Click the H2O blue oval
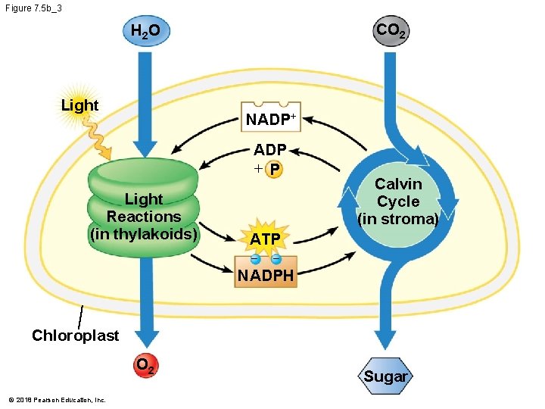point(146,32)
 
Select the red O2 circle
point(146,367)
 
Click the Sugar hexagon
point(385,376)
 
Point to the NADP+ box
point(269,118)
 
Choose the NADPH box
point(266,274)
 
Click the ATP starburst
point(265,239)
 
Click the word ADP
point(269,150)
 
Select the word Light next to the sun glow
point(79,105)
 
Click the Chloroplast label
point(75,335)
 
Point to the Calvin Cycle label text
point(398,201)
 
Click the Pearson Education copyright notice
point(58,400)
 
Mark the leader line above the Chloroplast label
point(79,316)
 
